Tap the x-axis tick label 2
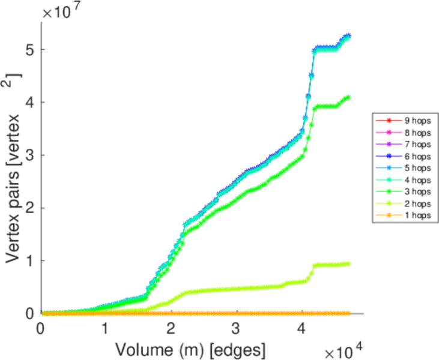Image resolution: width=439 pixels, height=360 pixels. [x=171, y=329]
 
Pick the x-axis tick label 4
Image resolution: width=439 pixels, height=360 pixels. [x=301, y=329]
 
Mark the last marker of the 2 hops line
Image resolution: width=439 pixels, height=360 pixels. [x=348, y=263]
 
